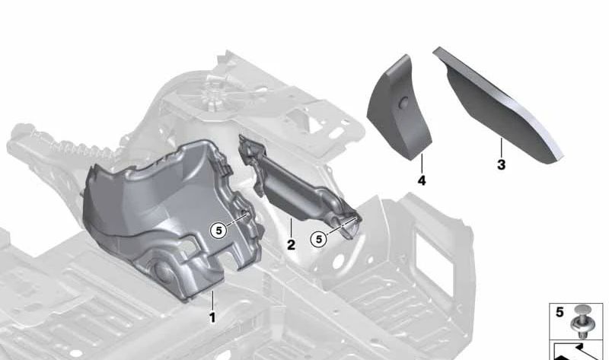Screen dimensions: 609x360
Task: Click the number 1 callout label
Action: [x=212, y=317]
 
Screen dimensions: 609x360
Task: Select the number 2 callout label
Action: [x=291, y=244]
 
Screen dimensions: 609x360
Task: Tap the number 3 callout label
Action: [x=502, y=164]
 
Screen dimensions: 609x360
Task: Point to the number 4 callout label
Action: [x=422, y=180]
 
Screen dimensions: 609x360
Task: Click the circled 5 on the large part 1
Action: [x=218, y=231]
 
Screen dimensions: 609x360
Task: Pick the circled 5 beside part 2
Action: [x=319, y=239]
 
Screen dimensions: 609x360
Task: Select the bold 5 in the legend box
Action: [x=560, y=312]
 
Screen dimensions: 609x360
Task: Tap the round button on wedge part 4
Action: [x=404, y=102]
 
